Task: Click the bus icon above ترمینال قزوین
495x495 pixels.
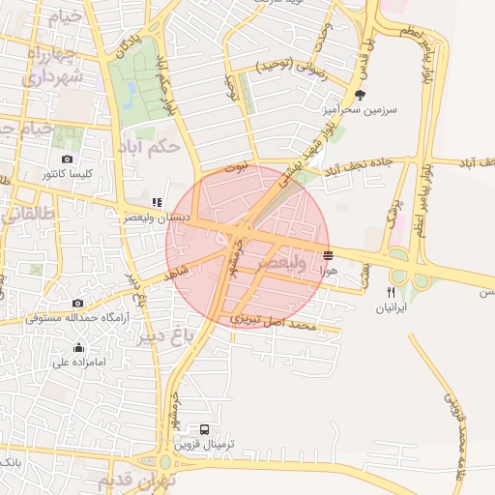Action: [204, 429]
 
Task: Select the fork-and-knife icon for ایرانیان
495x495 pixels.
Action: [391, 292]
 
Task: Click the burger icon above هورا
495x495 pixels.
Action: [329, 256]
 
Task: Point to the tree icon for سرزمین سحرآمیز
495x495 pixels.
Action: [361, 95]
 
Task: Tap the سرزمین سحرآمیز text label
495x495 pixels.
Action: [362, 110]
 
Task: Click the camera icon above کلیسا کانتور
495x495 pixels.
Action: [67, 160]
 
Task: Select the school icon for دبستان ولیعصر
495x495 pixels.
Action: [156, 202]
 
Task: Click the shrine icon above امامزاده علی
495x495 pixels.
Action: [78, 348]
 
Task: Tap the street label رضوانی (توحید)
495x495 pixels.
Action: [289, 67]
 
